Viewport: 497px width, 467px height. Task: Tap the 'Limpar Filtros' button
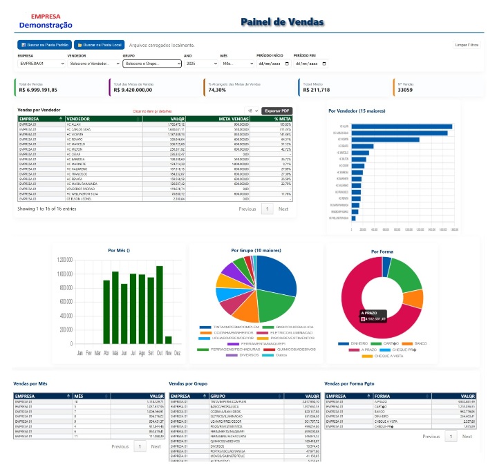point(467,45)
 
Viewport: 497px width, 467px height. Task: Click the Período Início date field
point(272,64)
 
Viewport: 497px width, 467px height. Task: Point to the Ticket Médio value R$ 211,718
point(315,90)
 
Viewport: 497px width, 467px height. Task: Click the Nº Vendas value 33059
point(406,90)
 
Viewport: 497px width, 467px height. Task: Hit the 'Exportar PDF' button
point(277,111)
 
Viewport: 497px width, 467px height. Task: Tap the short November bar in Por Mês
point(168,339)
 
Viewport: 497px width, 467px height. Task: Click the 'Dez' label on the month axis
point(177,352)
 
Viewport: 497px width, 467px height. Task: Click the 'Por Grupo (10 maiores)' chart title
point(256,250)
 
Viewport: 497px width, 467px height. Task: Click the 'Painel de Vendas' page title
point(282,22)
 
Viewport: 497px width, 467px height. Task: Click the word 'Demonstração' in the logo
point(46,25)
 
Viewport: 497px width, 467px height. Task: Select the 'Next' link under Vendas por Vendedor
point(283,209)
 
